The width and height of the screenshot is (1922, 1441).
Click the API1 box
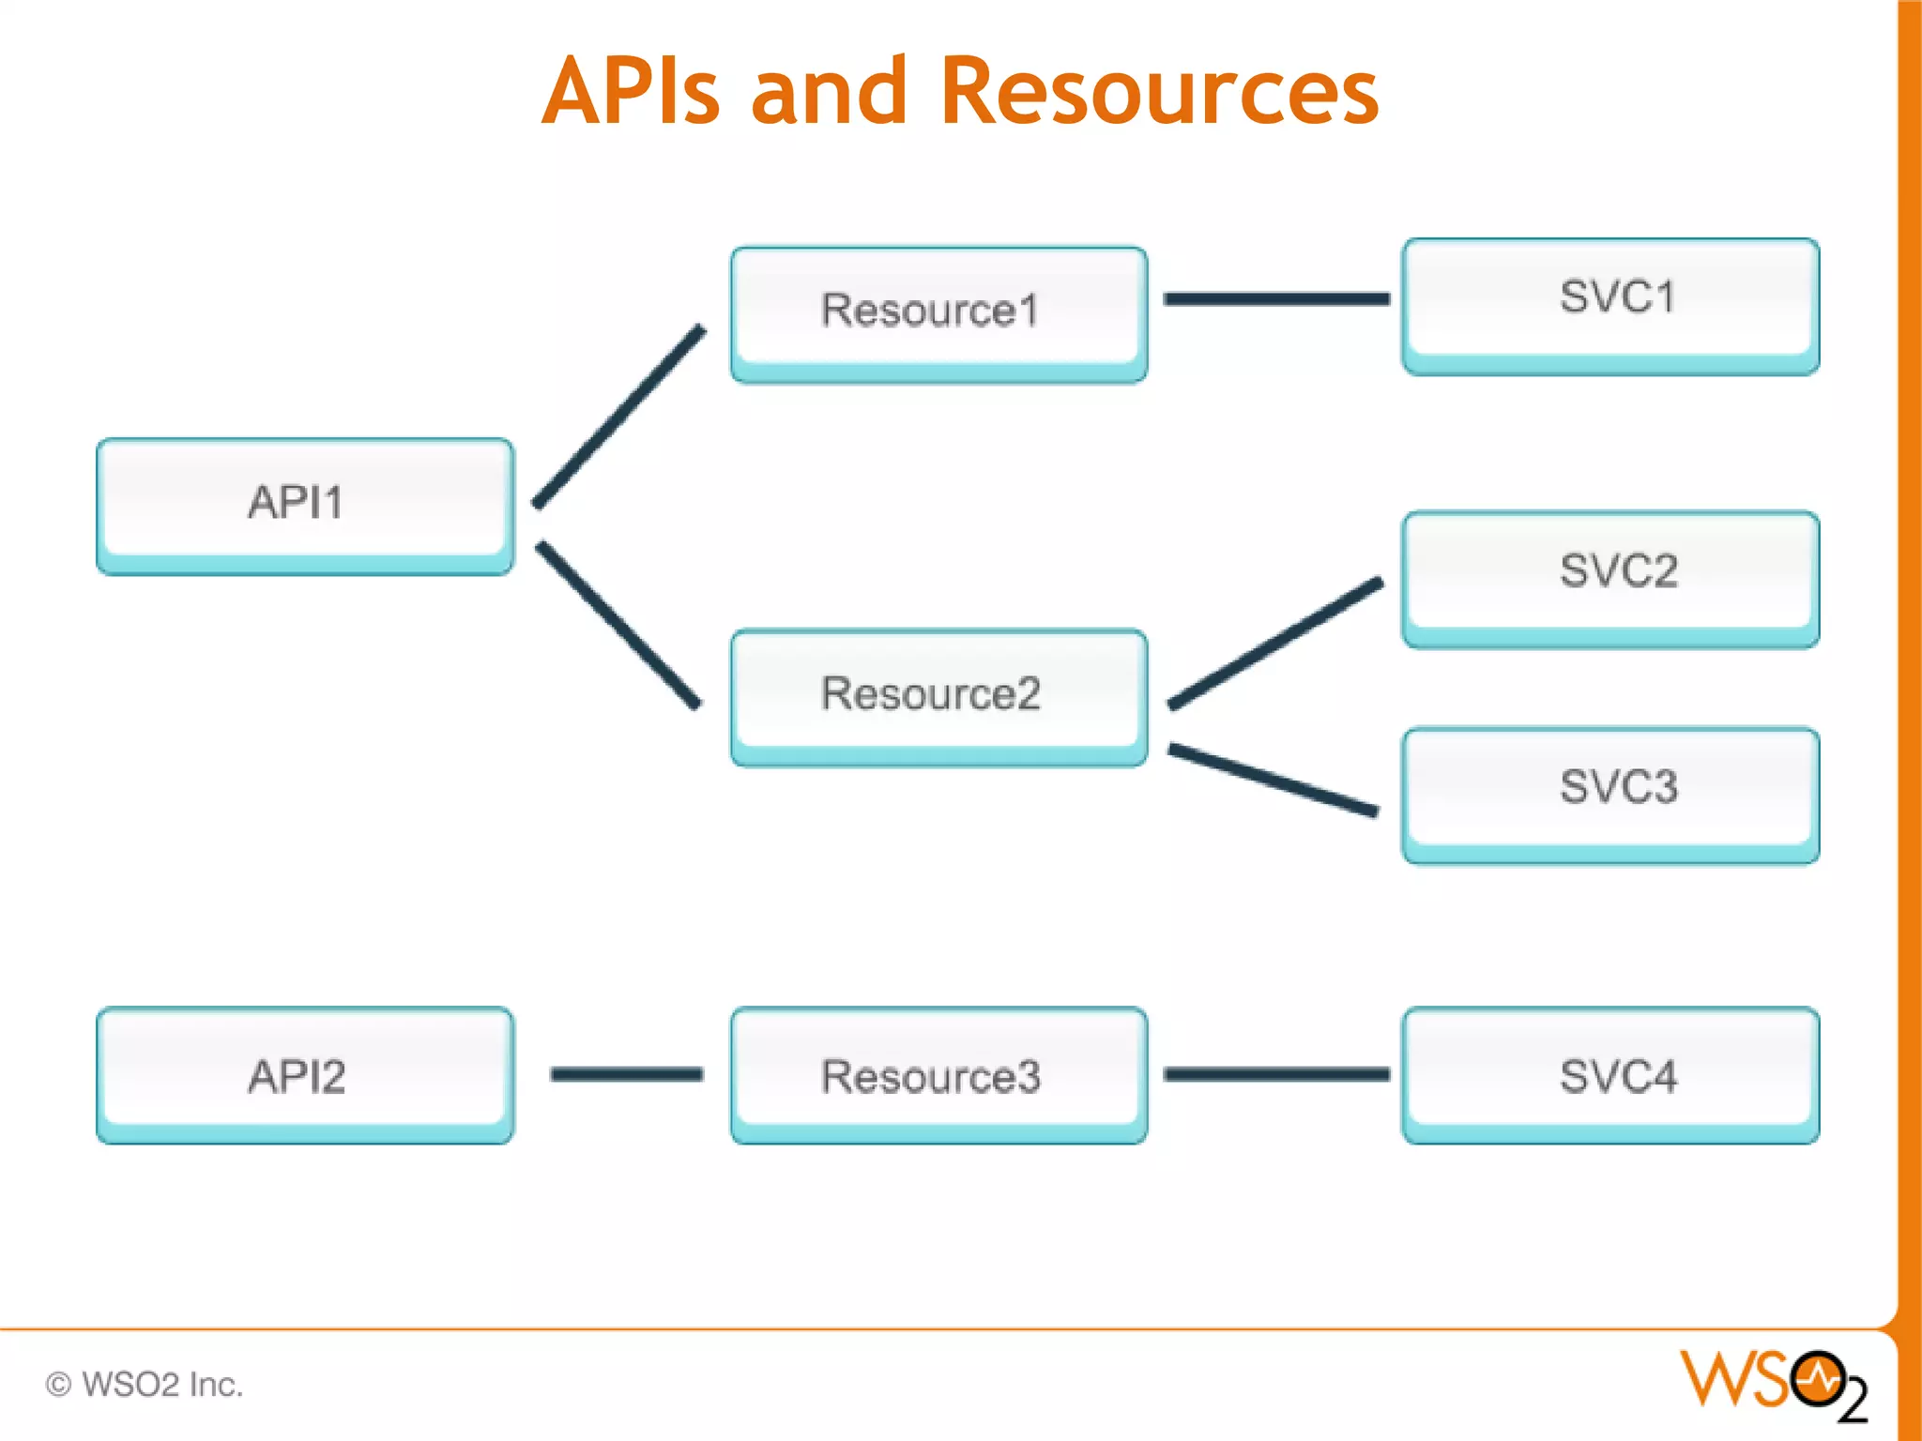(x=305, y=506)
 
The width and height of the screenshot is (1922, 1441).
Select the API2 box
(x=305, y=1075)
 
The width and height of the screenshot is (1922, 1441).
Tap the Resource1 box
(x=938, y=313)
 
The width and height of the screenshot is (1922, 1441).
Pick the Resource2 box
(x=938, y=696)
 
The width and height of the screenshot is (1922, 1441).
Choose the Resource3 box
(x=938, y=1075)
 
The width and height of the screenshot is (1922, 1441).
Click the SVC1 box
(x=1610, y=306)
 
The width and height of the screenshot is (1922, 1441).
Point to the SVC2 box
(x=1610, y=578)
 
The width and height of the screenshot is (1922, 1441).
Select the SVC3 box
(x=1610, y=794)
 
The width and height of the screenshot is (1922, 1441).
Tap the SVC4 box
(x=1610, y=1075)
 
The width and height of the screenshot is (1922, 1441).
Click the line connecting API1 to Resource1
(x=619, y=417)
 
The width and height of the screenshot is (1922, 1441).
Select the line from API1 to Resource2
(x=618, y=625)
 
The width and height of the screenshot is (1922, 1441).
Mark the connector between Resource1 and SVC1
(x=1276, y=299)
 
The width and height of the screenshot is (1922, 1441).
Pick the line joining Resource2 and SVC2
(x=1274, y=644)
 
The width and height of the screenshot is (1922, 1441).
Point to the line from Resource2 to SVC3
(x=1273, y=780)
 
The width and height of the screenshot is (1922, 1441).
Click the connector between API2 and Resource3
(x=627, y=1074)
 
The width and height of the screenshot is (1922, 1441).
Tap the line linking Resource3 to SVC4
(x=1276, y=1074)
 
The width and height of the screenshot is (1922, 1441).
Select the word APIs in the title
(x=631, y=91)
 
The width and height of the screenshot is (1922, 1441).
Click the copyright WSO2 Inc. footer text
(x=145, y=1385)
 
